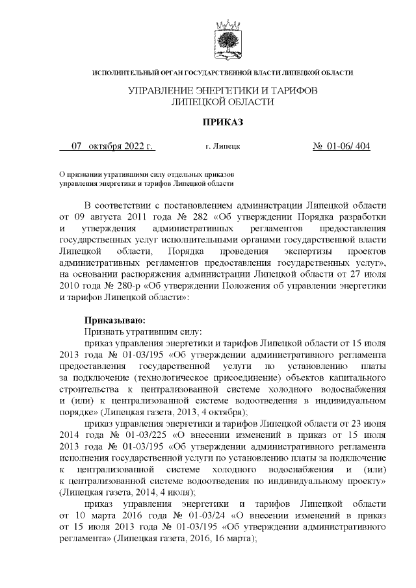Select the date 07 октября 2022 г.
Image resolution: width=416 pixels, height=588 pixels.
point(108,146)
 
